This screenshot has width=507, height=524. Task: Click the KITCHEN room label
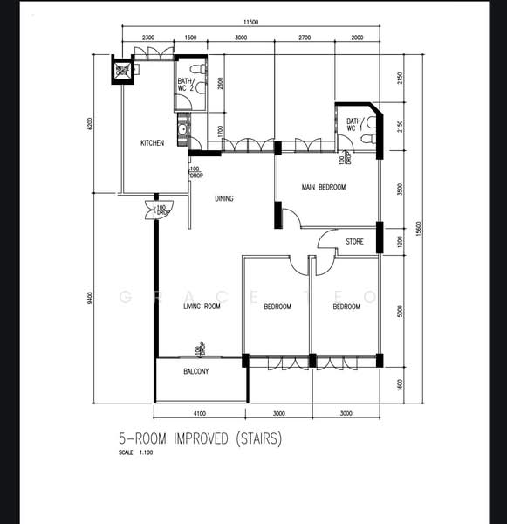tap(153, 143)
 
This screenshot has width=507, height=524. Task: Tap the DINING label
tap(224, 199)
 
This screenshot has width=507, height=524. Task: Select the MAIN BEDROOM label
tap(324, 188)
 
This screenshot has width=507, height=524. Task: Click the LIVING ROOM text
tap(201, 307)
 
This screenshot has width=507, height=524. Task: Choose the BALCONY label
tap(196, 372)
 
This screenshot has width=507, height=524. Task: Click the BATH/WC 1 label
tap(354, 125)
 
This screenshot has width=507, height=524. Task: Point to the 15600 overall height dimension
tap(419, 228)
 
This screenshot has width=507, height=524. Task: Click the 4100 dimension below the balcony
tap(200, 413)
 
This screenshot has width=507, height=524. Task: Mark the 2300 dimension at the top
tap(147, 38)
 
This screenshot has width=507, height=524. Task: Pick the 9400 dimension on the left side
tap(90, 299)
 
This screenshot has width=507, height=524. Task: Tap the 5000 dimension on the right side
tap(400, 309)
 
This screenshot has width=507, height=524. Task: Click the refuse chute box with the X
tap(123, 70)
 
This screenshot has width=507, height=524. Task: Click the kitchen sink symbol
tap(182, 134)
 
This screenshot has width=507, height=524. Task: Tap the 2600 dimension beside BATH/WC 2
tap(220, 84)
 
